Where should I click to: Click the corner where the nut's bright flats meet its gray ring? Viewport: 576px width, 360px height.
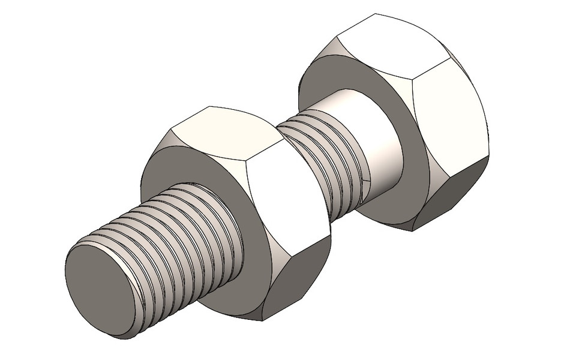(x=246, y=180)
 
